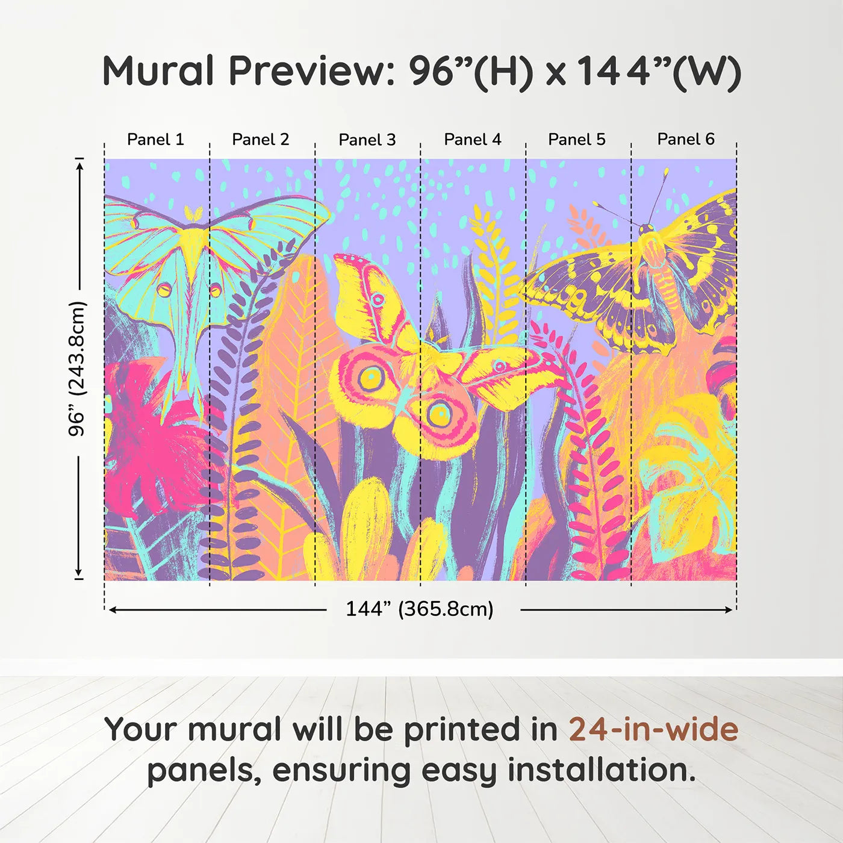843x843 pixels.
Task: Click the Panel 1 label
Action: click(x=155, y=140)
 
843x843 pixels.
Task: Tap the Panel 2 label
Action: click(x=261, y=140)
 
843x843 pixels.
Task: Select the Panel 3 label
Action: click(x=367, y=140)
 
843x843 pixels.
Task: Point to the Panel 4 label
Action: click(x=473, y=140)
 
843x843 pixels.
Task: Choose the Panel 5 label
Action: click(x=577, y=140)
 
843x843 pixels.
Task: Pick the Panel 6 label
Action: click(x=686, y=140)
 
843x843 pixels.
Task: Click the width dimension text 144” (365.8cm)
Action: click(x=420, y=609)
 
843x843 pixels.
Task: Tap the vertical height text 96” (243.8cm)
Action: click(x=77, y=369)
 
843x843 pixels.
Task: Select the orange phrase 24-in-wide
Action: click(x=653, y=729)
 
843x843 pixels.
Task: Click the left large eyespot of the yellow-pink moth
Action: click(x=369, y=378)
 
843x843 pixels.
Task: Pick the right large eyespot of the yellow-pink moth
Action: click(x=440, y=414)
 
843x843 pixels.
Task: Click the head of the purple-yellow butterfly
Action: click(x=647, y=229)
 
